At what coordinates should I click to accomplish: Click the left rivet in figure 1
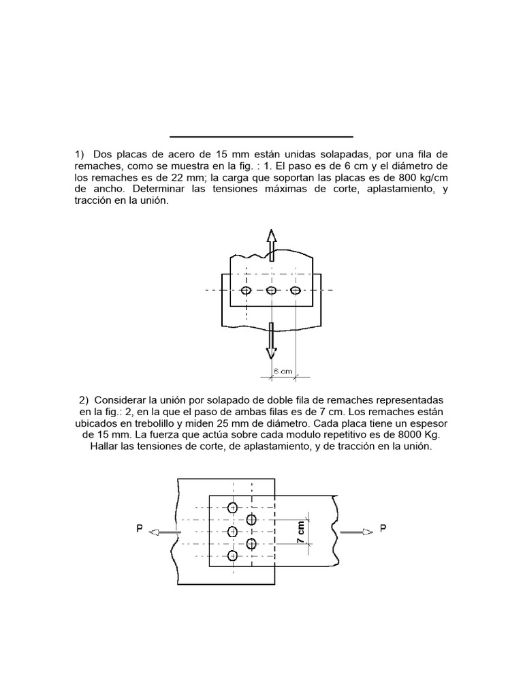point(247,290)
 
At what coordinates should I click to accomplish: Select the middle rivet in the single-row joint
point(271,290)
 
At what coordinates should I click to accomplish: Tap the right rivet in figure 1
point(296,290)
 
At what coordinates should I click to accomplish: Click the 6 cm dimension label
point(283,371)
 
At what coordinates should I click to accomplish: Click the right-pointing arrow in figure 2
point(353,532)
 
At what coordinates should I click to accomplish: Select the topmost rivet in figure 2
point(233,507)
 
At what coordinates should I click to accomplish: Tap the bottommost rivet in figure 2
point(233,556)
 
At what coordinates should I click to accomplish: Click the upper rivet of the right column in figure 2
point(251,519)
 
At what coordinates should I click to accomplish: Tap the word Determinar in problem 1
point(160,189)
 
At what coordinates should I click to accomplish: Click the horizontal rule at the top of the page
point(261,136)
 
